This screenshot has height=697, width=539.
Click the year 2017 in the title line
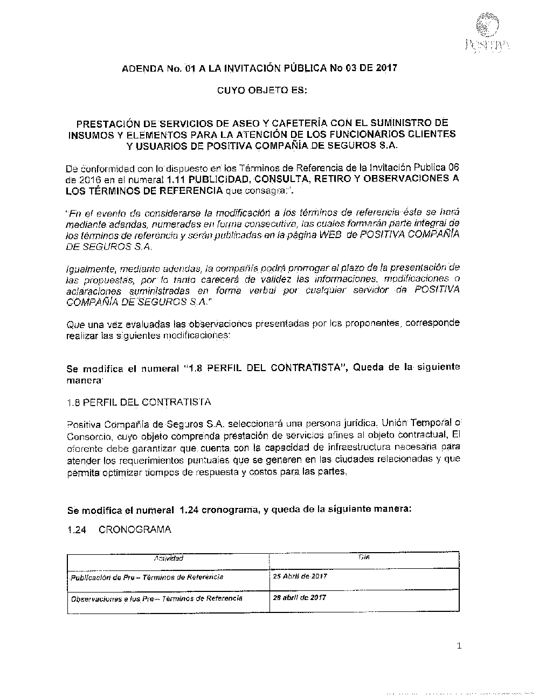coord(386,68)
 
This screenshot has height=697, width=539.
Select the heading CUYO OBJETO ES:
coord(262,90)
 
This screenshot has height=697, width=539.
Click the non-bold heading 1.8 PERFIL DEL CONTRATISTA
coord(139,402)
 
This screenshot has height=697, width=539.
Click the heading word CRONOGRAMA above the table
coord(135,529)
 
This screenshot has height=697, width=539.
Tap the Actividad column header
coord(168,559)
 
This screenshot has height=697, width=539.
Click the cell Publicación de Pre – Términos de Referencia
coord(147,577)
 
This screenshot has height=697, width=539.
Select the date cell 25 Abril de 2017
coord(301,576)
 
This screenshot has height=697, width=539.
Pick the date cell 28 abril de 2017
coord(300,597)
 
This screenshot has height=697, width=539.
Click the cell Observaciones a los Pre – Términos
coord(157,598)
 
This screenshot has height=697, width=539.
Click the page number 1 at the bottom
coord(459,646)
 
